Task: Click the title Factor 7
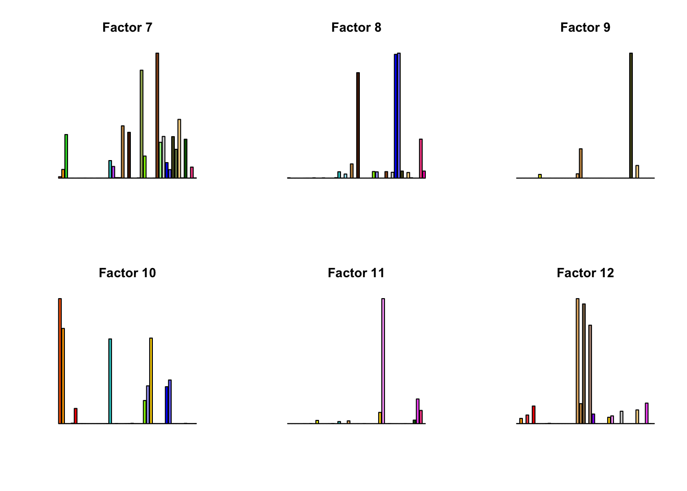point(127,28)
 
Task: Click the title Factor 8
point(356,28)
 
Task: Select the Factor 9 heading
point(585,28)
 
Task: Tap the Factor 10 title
point(127,273)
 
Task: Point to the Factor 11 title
point(356,273)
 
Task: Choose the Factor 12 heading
point(585,273)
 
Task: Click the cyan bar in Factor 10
point(110,381)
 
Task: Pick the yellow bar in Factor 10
point(151,381)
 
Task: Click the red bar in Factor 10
point(76,416)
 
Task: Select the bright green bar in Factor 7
point(66,156)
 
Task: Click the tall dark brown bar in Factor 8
point(358,125)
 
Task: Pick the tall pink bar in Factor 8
point(421,159)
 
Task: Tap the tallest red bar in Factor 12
point(533,415)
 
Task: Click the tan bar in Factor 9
point(581,163)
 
